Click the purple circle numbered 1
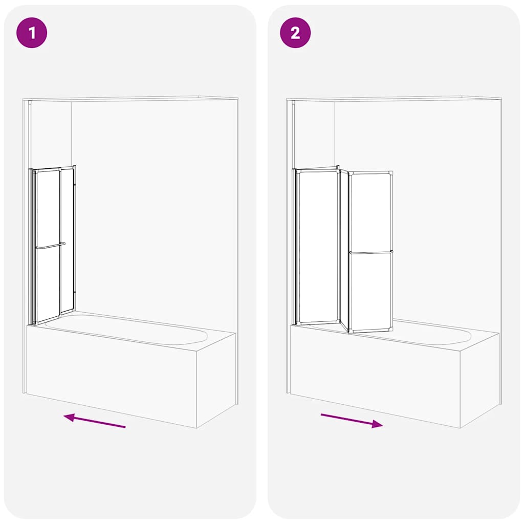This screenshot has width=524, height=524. pos(32,33)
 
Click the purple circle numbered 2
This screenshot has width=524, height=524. pos(295,33)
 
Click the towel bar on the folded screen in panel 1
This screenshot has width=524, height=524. pos(50,246)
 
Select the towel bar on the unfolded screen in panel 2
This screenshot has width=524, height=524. pos(371,252)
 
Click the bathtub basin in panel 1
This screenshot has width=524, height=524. pos(126,329)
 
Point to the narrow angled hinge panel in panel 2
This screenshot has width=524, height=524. pos(344,251)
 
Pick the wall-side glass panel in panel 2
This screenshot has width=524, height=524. pos(317,247)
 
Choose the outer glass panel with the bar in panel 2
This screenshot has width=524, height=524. pos(371,252)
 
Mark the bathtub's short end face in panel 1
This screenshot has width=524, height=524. pos(216,379)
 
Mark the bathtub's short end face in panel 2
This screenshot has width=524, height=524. pos(480,379)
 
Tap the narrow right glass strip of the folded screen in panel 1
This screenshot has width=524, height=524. pos(67,240)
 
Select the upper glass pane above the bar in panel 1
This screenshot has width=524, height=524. pos(48,208)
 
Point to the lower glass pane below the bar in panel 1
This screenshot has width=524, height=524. pos(48,284)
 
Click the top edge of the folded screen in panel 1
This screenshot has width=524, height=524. pos(53,168)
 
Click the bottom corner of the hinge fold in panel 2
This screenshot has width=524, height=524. pos(347,332)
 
